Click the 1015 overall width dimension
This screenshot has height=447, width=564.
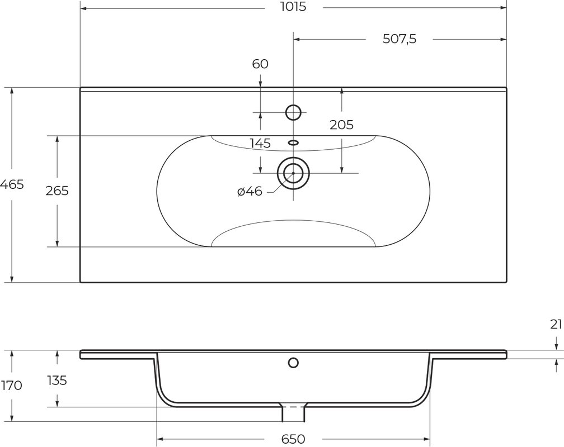tap(293, 7)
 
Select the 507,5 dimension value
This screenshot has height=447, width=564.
tap(399, 39)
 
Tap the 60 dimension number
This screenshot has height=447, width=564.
tap(260, 64)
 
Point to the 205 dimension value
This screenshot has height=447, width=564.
tap(342, 125)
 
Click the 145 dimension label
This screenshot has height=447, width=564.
tap(260, 144)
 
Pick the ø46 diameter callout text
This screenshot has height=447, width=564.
tap(250, 192)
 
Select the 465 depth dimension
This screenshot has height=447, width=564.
tap(12, 184)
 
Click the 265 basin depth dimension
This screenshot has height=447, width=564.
tap(57, 191)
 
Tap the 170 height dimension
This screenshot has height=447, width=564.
tap(11, 386)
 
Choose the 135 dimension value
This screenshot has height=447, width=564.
tap(57, 380)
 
